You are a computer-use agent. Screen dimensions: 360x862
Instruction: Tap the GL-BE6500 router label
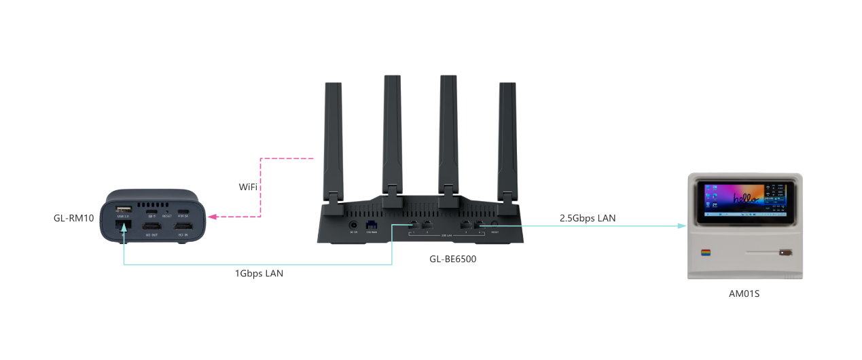pos(453,258)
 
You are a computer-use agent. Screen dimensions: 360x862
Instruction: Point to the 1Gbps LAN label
pos(259,274)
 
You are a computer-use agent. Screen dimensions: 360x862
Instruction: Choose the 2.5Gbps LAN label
pos(588,218)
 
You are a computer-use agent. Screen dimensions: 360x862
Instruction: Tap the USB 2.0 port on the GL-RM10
pos(122,210)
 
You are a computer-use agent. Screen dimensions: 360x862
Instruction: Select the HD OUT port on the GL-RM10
pos(152,225)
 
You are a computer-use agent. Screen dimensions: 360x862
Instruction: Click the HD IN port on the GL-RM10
pos(183,225)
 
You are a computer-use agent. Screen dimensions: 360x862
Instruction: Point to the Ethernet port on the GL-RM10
pos(122,225)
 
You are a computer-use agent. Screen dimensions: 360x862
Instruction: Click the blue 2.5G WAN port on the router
pos(372,224)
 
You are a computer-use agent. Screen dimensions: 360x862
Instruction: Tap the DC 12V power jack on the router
pos(353,224)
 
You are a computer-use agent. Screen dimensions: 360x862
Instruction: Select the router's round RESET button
pos(495,224)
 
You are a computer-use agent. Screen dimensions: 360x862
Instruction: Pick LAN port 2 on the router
pos(427,224)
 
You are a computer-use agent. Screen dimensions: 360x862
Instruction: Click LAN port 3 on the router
pos(465,224)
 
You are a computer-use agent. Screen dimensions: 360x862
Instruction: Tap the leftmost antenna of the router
pos(333,136)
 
